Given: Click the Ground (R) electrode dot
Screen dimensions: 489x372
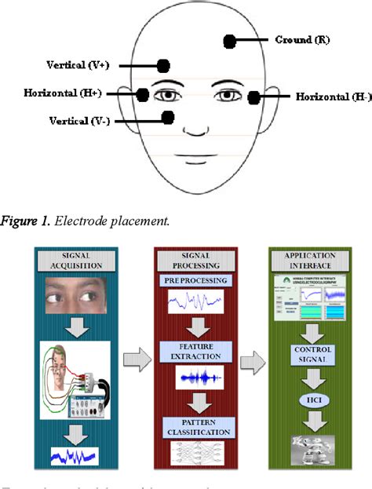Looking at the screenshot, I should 230,40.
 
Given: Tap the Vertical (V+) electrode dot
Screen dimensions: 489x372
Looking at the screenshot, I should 163,66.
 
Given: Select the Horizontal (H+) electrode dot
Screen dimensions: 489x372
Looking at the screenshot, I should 143,94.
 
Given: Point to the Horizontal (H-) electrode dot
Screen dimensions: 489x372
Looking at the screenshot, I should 253,97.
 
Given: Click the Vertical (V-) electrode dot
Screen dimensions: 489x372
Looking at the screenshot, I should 167,118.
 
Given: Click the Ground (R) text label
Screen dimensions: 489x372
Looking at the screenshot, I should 302,39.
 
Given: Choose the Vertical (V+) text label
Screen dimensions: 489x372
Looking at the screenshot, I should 78,65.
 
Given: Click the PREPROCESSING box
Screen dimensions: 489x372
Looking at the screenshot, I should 195,281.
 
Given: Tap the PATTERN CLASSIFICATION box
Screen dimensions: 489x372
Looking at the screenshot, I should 195,428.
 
